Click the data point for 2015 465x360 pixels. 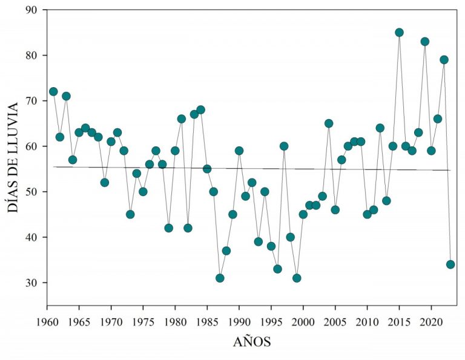click(x=399, y=33)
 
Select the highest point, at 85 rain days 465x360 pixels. click(x=399, y=33)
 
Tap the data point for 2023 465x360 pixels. click(x=450, y=264)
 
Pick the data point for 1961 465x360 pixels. click(x=53, y=91)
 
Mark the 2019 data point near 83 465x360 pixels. click(x=425, y=42)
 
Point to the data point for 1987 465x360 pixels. click(x=220, y=278)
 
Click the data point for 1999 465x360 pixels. click(x=297, y=278)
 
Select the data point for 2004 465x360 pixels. click(x=329, y=123)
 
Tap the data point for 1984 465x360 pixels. click(x=200, y=110)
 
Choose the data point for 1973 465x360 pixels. click(x=130, y=214)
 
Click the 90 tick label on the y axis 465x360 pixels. click(x=31, y=10)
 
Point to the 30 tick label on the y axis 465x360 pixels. click(x=31, y=283)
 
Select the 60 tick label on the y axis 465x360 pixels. click(x=31, y=146)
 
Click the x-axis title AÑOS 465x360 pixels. click(x=252, y=342)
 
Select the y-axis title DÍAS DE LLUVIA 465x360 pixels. click(x=13, y=156)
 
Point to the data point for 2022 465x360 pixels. click(x=444, y=60)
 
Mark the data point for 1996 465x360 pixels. click(x=277, y=269)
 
